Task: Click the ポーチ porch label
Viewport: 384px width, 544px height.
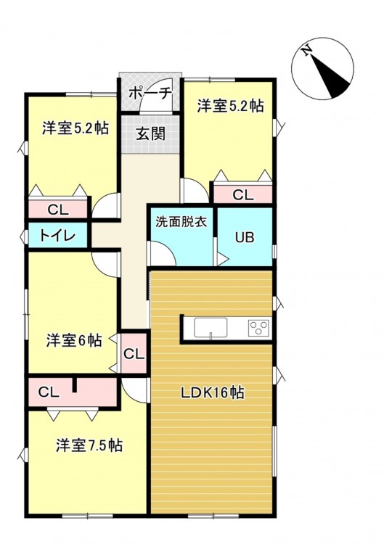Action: click(x=150, y=93)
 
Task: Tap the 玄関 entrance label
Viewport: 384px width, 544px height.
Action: click(x=150, y=133)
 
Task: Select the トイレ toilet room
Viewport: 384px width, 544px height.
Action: click(x=57, y=235)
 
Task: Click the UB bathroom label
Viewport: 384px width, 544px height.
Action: click(x=245, y=237)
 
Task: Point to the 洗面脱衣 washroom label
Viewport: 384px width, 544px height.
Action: click(x=181, y=221)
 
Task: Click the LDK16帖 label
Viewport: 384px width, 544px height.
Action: click(x=212, y=392)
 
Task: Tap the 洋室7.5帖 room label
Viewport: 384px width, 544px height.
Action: click(x=89, y=445)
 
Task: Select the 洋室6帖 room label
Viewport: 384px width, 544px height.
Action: click(x=74, y=340)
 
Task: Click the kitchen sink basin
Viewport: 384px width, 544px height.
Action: click(x=211, y=327)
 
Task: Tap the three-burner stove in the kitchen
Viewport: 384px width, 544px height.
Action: click(x=259, y=328)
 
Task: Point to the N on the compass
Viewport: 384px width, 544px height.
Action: click(x=306, y=51)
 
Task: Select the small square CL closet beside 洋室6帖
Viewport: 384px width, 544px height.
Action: click(x=134, y=354)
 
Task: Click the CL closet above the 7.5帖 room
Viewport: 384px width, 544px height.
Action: click(x=73, y=392)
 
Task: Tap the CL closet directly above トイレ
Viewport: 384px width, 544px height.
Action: click(x=57, y=209)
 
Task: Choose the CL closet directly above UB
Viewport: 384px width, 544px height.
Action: click(x=242, y=194)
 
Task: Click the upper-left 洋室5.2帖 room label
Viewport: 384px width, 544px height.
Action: click(x=75, y=128)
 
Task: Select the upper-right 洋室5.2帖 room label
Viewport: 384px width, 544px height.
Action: click(x=231, y=106)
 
